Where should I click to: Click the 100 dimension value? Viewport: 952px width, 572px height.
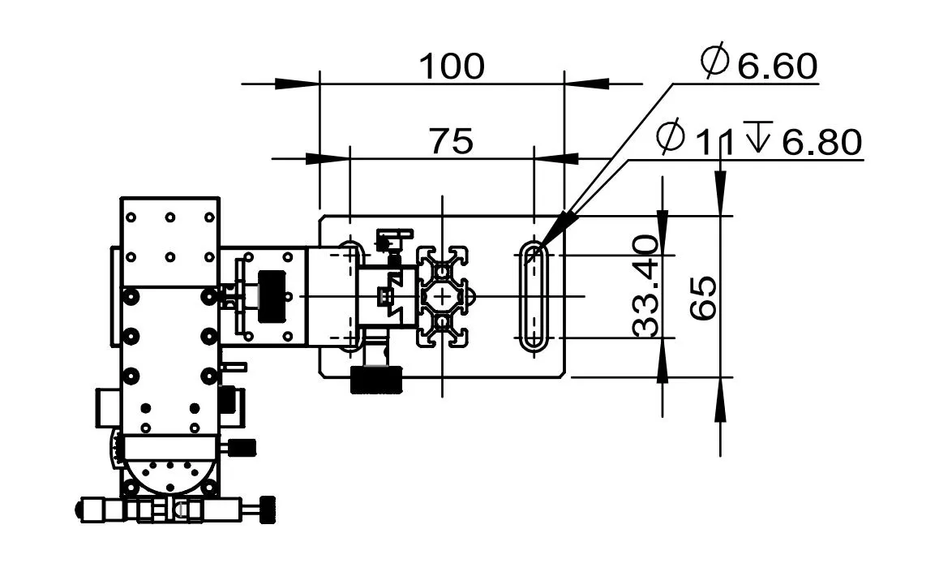click(x=452, y=66)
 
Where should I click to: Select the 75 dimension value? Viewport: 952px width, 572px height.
click(x=451, y=141)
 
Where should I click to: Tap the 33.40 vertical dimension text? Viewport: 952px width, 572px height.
click(x=645, y=286)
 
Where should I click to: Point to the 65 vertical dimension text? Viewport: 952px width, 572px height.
click(x=704, y=298)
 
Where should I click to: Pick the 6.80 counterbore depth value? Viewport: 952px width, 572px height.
click(x=821, y=143)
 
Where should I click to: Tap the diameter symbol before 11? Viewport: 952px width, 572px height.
click(x=671, y=138)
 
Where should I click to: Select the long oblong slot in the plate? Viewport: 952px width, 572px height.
click(x=534, y=295)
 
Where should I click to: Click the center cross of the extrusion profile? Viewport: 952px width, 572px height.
click(x=444, y=297)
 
